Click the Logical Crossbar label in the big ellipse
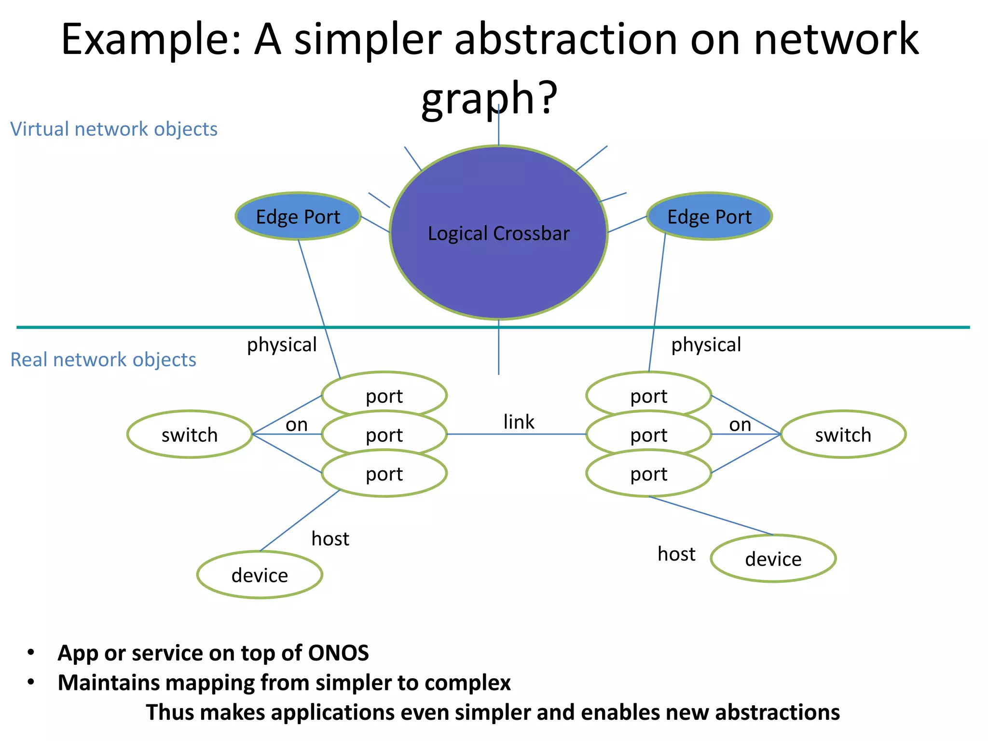(x=498, y=233)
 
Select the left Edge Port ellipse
(x=298, y=217)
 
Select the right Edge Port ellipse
(x=709, y=217)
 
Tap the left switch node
(x=190, y=435)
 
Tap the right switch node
(x=843, y=435)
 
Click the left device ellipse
(x=260, y=575)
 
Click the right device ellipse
(x=773, y=559)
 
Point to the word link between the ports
(x=519, y=422)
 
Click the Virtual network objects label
(x=114, y=129)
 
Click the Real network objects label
(x=103, y=360)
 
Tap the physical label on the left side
(x=282, y=345)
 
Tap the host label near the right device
(x=676, y=554)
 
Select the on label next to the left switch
(x=296, y=425)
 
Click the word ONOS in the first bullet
(x=338, y=653)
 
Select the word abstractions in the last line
(x=777, y=713)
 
